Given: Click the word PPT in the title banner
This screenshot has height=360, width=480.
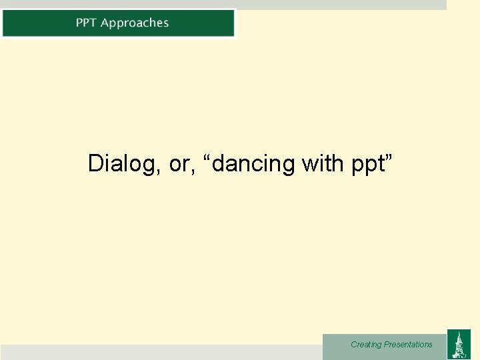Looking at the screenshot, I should point(87,23).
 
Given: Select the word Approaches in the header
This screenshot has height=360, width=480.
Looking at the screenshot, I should point(135,23).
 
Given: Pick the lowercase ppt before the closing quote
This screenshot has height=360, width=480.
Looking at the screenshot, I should point(367,165).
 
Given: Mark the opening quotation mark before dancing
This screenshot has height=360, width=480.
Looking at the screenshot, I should point(213,157).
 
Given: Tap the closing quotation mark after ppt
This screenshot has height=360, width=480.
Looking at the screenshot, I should point(390,157).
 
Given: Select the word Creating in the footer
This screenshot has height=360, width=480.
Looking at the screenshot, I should point(366,345).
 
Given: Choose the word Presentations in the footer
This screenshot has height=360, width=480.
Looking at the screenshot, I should point(408,345).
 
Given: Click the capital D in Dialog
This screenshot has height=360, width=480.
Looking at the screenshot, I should point(95,163).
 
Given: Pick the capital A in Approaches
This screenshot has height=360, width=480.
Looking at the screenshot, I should point(105,23).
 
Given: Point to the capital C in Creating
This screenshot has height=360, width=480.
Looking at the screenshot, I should point(354,345).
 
